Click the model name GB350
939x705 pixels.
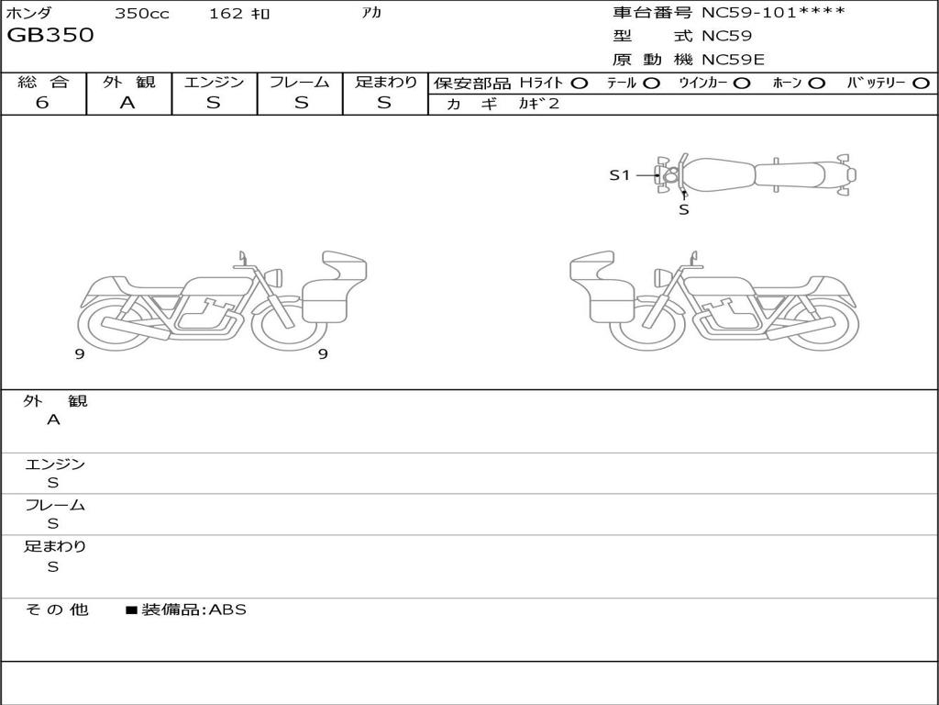coord(50,35)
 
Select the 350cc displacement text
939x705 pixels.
coord(142,14)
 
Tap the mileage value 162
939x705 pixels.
coord(226,13)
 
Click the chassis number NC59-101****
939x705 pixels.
coord(773,12)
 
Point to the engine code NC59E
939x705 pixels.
coord(733,60)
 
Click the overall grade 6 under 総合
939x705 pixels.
coord(42,103)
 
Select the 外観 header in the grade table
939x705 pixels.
coord(128,82)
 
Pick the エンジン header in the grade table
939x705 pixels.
coord(214,82)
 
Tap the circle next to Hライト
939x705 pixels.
coord(580,84)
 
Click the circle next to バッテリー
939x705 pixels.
coord(921,84)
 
